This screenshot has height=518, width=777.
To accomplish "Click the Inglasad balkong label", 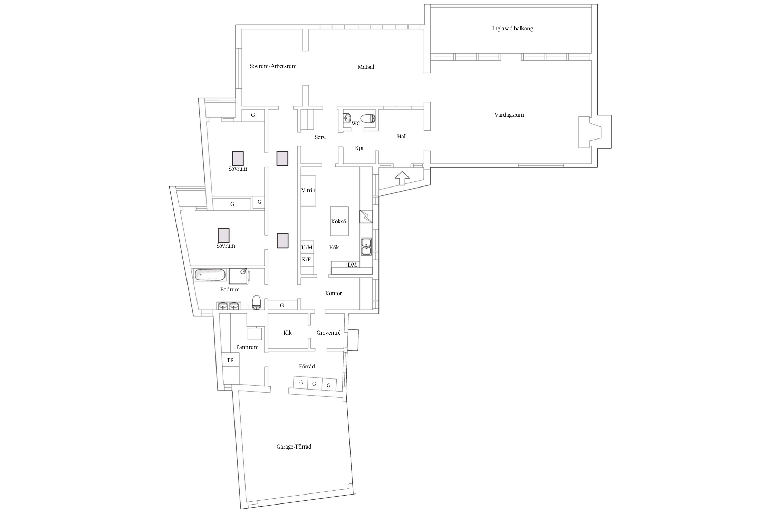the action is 512,29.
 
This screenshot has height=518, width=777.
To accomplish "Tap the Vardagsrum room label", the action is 509,115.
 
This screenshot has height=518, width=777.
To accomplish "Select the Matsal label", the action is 366,67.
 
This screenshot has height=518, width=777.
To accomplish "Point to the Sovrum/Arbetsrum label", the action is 273,66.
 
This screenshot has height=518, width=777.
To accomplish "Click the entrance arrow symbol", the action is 402,178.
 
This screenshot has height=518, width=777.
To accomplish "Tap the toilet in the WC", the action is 368,119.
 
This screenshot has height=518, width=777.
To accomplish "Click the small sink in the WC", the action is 347,118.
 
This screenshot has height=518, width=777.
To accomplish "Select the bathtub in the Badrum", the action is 210,275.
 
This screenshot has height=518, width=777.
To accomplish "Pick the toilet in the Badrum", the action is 257,303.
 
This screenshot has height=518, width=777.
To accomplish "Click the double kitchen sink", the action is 366,246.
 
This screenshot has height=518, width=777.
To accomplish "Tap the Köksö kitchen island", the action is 339,221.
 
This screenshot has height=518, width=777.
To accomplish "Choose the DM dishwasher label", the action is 352,265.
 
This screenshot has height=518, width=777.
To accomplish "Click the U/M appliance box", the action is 307,247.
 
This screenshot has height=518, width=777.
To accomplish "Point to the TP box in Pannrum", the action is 230,360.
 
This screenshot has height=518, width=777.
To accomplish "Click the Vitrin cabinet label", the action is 308,191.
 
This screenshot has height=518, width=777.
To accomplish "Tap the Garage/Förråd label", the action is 294,447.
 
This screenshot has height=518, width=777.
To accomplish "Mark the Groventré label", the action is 329,333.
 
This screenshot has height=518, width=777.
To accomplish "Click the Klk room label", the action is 287,333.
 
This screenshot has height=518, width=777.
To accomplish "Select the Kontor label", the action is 334,294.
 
